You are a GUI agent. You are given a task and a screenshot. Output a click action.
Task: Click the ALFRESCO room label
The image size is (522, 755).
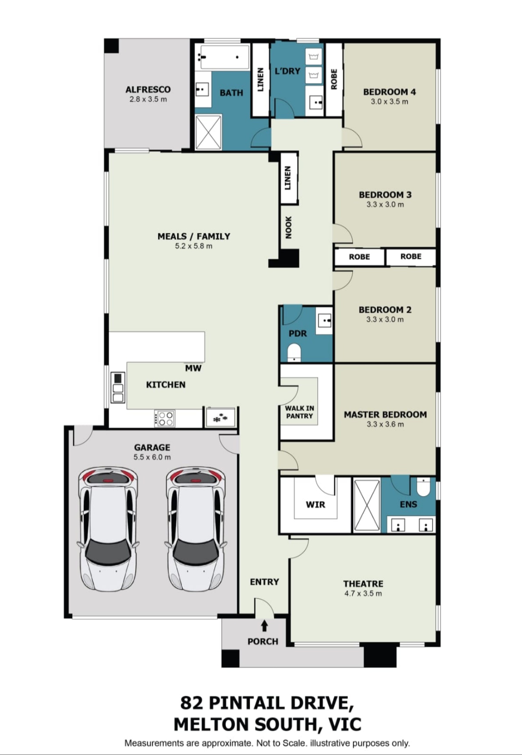148,89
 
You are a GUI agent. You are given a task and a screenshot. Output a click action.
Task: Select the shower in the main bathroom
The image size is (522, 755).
208,131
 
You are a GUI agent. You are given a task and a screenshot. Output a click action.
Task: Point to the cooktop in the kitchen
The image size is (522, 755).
165,418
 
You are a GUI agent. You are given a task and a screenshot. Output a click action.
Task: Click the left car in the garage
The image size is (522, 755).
108,529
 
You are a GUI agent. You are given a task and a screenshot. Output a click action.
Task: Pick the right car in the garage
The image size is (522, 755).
195,529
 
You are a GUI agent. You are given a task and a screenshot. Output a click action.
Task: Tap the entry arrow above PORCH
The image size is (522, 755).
264,626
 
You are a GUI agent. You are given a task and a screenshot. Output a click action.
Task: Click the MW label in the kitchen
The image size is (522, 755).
193,368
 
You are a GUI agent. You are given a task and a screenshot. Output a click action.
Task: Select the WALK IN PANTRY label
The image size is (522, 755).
299,412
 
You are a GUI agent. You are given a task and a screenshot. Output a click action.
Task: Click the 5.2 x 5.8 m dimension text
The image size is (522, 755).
194,246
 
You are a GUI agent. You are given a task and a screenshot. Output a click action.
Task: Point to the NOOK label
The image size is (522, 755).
288,227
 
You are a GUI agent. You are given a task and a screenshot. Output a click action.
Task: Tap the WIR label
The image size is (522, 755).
316,505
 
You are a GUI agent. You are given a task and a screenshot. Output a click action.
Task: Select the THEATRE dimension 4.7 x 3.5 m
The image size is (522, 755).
363,594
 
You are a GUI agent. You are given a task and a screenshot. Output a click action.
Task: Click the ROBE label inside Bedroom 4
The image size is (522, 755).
334,79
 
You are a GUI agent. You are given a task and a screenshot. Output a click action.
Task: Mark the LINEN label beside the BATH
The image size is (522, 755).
260,79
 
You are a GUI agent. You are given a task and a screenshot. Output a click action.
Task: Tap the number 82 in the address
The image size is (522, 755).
192,703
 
